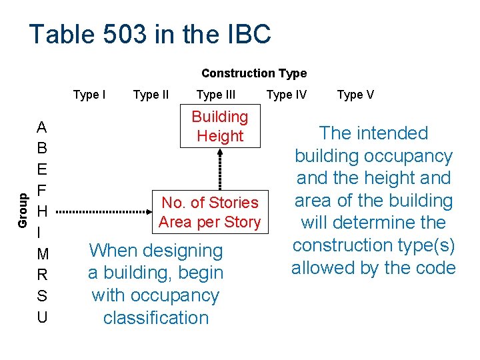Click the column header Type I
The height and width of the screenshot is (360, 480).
point(89,95)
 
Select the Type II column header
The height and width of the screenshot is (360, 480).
point(151,95)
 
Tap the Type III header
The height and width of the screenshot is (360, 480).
point(216,95)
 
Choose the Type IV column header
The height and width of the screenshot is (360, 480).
point(287,95)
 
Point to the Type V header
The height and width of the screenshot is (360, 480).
point(355,95)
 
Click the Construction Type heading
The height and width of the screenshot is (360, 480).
point(254,73)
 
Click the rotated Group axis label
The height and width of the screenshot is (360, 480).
point(23,210)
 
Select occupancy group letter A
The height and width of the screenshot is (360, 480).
point(42,127)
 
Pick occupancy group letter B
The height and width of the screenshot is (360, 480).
point(42,148)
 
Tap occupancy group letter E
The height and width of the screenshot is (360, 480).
point(42,169)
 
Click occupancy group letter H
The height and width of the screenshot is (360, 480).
point(42,211)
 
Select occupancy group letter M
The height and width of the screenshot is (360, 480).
point(42,254)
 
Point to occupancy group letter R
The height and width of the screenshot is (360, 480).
point(42,275)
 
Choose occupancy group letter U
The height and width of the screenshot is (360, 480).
point(42,317)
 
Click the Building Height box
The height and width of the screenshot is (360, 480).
point(219,126)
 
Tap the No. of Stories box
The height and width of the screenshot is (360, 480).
point(210,212)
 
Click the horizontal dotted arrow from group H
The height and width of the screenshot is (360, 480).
point(104,212)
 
